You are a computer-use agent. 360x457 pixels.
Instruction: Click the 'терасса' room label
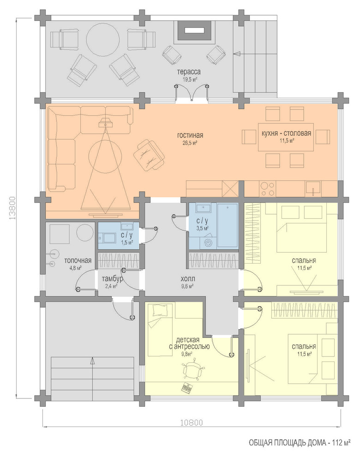pos(189,72)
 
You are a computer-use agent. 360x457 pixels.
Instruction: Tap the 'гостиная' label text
pos(190,135)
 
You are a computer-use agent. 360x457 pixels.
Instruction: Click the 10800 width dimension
pos(191,422)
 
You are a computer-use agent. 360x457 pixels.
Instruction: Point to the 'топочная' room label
pos(78,260)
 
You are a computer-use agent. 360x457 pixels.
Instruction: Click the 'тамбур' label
pos(113,279)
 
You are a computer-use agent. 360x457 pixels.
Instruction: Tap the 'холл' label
pos(188,278)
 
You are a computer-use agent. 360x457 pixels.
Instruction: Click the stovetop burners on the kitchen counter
pos(267,189)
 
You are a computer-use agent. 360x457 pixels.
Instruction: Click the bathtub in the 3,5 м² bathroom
pos(228,226)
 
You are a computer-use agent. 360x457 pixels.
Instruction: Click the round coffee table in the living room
pos(105,158)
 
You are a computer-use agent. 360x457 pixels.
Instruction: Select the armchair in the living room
pos(149,155)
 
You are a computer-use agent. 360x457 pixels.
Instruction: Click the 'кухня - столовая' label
pos(286,133)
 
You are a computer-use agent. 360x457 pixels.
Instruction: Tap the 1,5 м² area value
pos(127,242)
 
